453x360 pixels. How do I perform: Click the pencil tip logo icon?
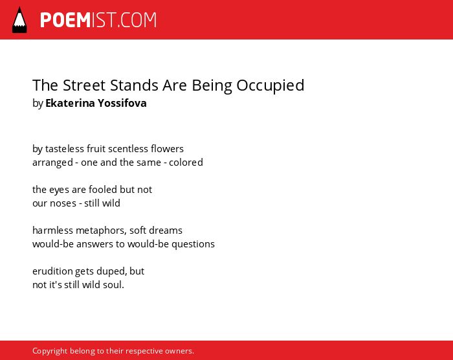(x=19, y=20)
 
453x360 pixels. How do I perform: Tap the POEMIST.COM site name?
(x=98, y=20)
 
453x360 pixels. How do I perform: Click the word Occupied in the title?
(x=270, y=86)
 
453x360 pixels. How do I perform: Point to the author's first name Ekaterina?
(x=70, y=103)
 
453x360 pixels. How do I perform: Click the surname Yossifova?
(x=122, y=103)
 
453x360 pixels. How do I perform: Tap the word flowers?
(x=167, y=149)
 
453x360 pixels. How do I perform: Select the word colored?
(x=186, y=163)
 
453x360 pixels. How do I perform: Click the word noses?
(x=63, y=203)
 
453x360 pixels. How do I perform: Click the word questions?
(x=193, y=245)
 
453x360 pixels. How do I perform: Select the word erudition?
(x=52, y=271)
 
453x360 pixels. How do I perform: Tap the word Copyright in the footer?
(x=50, y=351)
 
